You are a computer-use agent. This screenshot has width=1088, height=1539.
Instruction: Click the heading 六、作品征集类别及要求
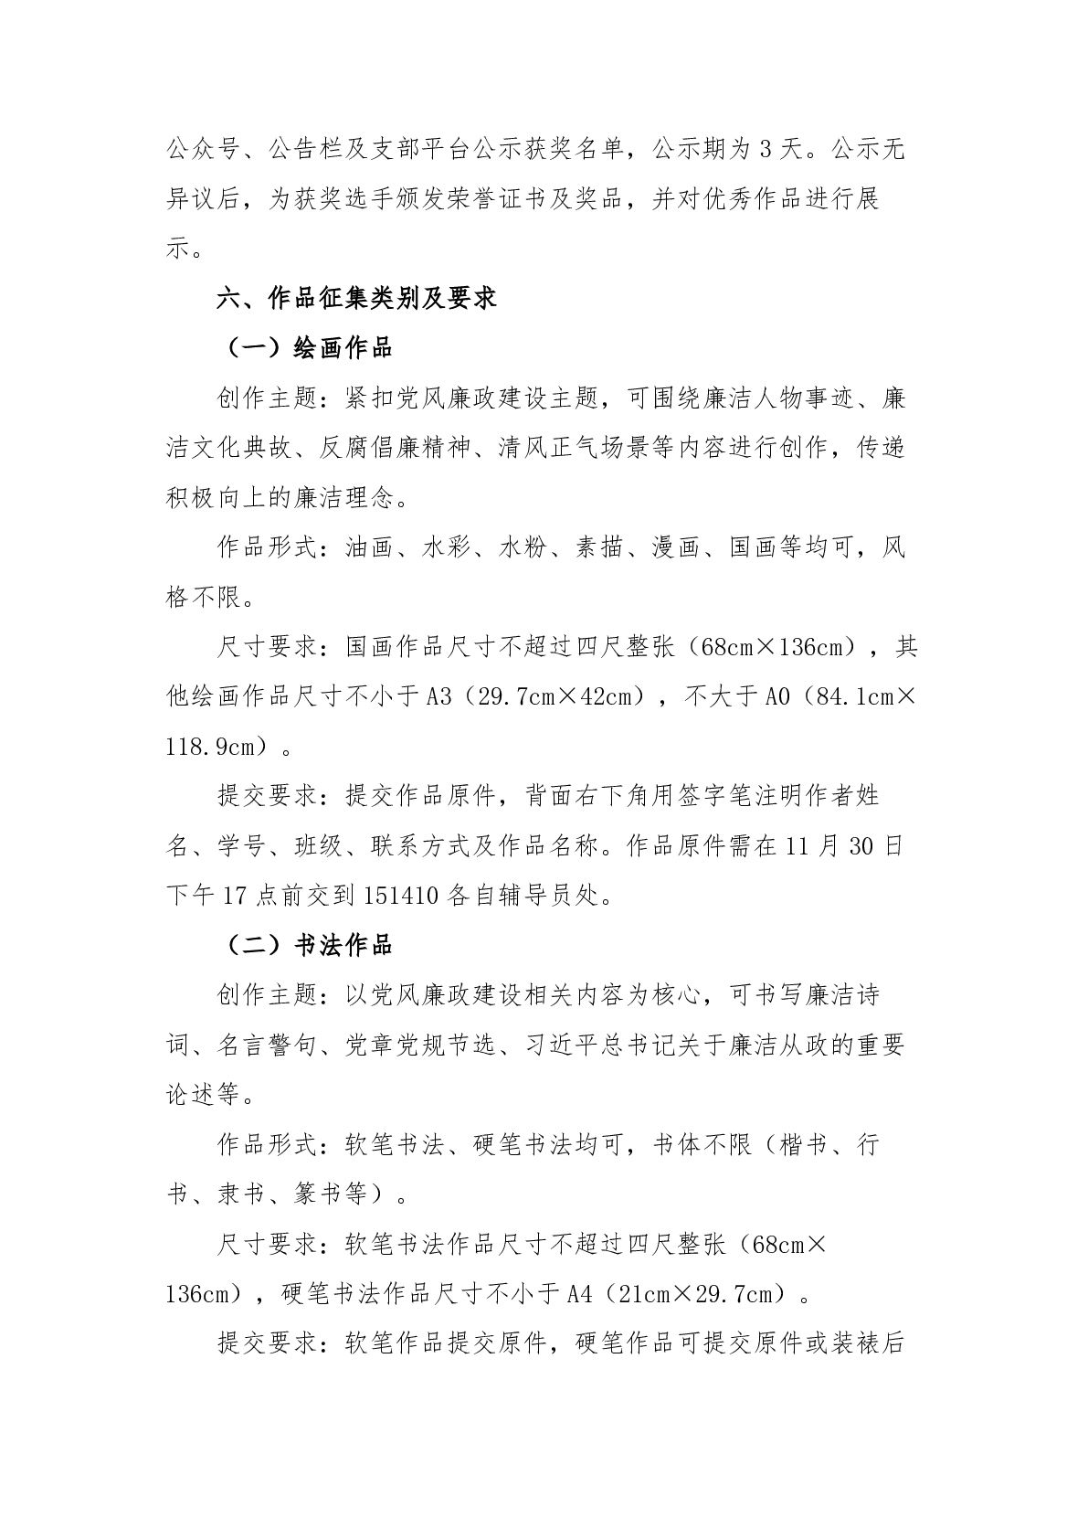pos(356,298)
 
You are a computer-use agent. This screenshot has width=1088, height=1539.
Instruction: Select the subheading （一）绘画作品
pos(305,348)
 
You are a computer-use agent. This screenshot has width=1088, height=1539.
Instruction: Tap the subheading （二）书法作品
pos(305,945)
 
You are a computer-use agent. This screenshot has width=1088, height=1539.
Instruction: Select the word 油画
pos(369,548)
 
